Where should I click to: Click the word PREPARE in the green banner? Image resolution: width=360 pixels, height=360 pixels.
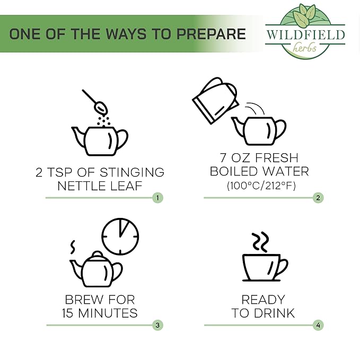(211, 34)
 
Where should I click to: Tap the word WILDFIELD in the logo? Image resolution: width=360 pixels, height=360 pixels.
(305, 34)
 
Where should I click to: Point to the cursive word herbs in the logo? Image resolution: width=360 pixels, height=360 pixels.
(304, 47)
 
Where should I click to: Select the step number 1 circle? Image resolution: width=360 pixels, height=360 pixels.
(157, 198)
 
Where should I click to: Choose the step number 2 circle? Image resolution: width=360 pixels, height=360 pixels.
(318, 198)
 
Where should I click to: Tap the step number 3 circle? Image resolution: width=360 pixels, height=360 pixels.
(157, 325)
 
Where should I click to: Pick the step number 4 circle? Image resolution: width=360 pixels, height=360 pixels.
(318, 325)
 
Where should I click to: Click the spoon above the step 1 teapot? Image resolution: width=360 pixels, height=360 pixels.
(94, 102)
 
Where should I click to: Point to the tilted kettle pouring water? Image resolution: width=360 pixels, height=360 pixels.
(215, 101)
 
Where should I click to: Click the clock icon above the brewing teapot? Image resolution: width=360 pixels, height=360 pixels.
(120, 236)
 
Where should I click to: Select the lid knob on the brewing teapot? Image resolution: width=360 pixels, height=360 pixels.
(98, 254)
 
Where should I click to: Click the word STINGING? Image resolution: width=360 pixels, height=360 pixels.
(132, 173)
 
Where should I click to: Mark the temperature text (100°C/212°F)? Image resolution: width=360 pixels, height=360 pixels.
(261, 186)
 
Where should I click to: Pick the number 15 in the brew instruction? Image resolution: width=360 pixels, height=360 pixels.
(68, 313)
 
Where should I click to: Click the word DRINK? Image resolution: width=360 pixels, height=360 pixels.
(274, 313)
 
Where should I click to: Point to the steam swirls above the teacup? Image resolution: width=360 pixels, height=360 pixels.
(260, 242)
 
